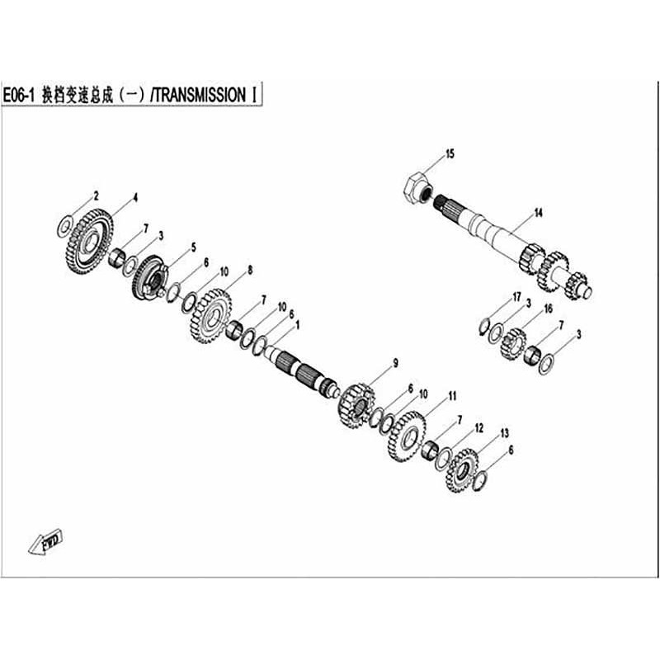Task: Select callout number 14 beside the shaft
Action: pos(539,213)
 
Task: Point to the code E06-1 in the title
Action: pos(18,96)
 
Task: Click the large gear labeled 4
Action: pos(89,242)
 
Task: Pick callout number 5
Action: pos(194,247)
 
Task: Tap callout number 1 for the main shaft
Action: pos(298,325)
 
